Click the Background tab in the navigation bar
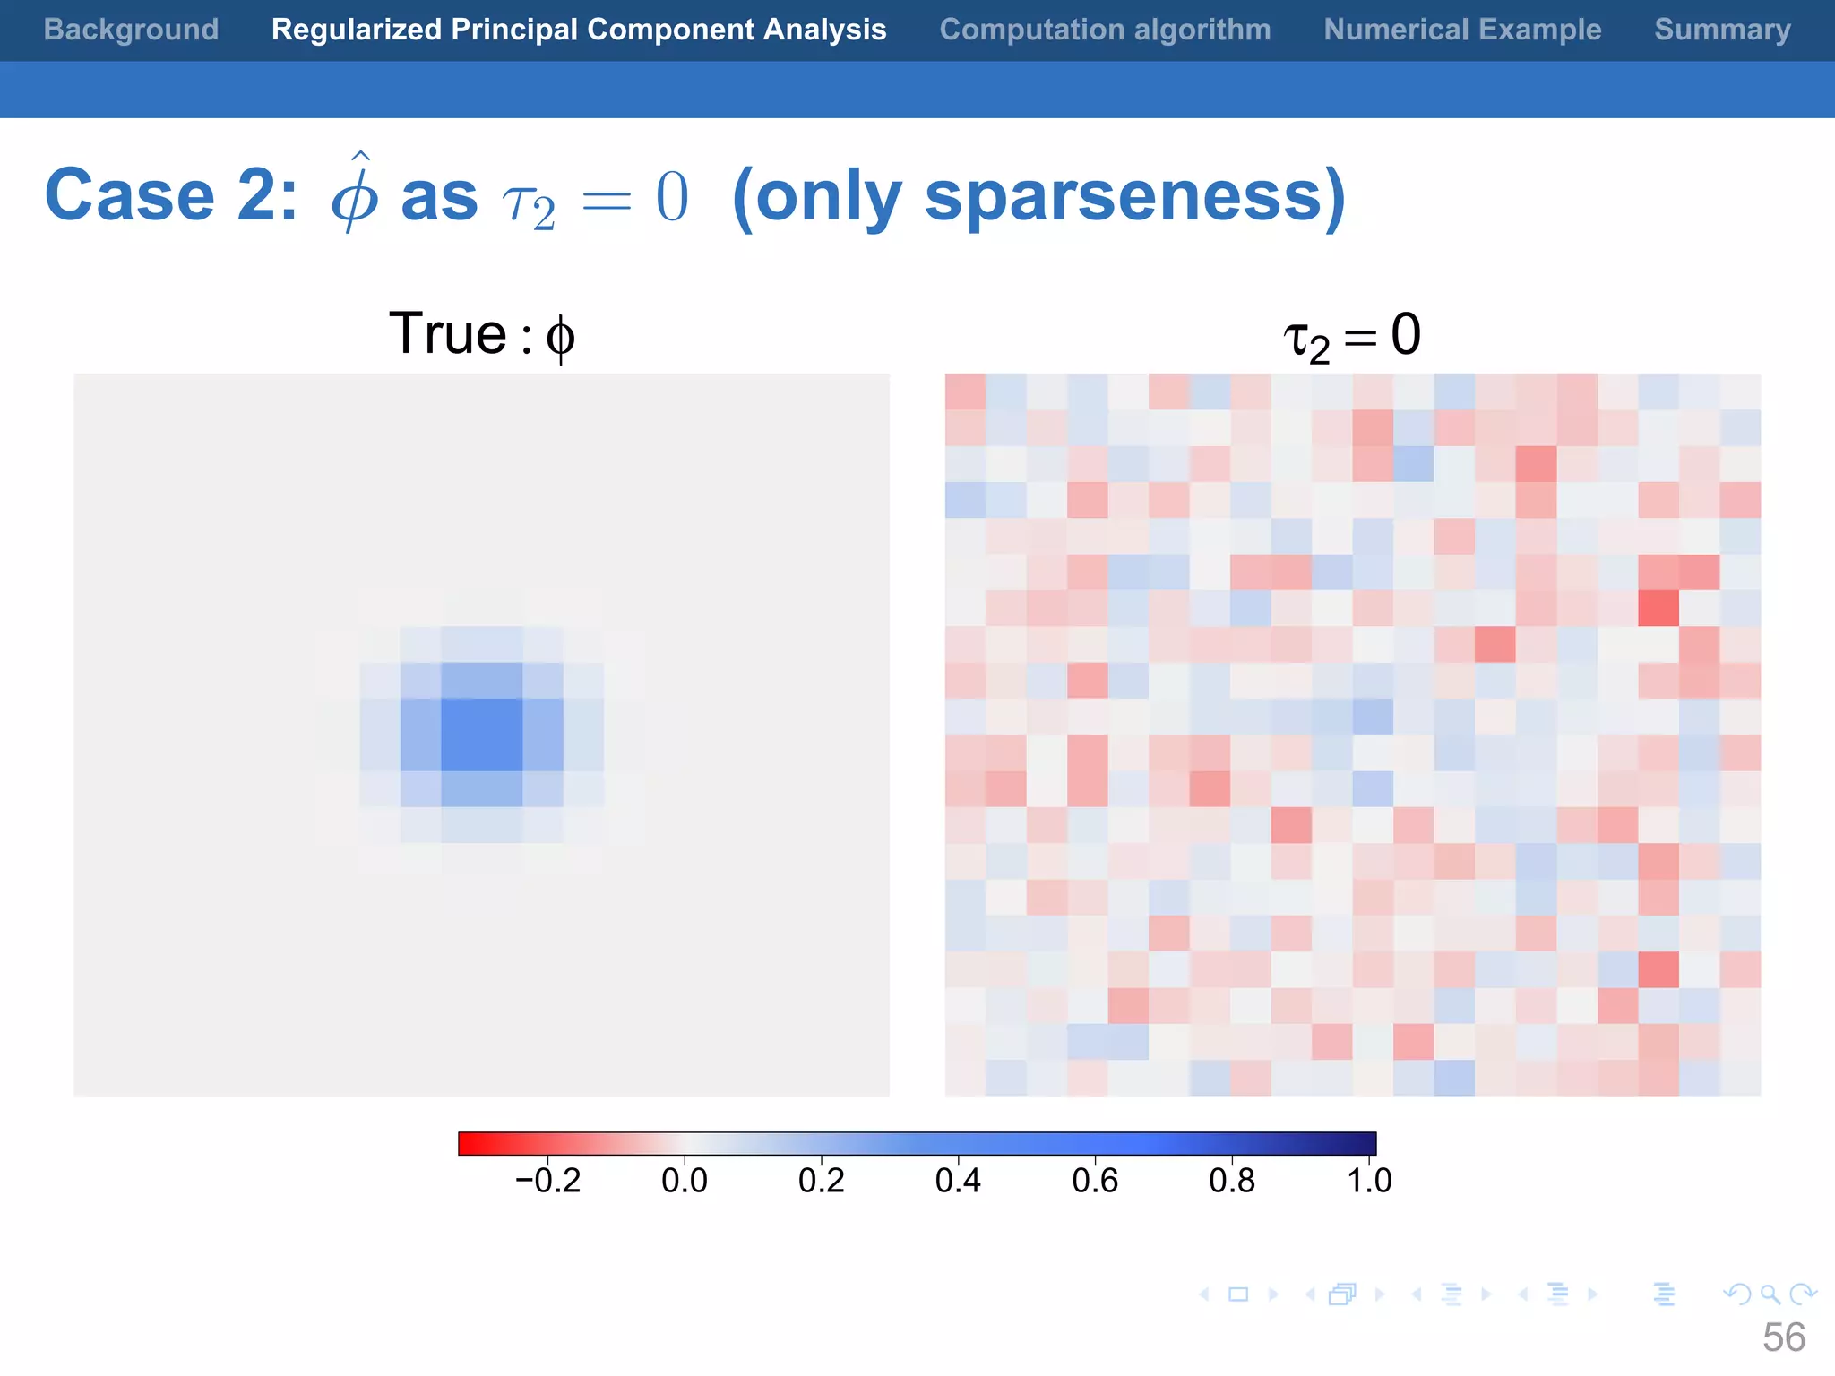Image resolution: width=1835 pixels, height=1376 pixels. pos(131,30)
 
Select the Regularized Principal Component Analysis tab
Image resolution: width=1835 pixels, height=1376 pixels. pos(579,30)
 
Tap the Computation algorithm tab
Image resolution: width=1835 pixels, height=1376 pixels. pos(1105,30)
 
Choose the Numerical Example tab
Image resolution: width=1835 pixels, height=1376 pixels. pos(1462,30)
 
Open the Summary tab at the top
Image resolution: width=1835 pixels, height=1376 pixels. pos(1722,30)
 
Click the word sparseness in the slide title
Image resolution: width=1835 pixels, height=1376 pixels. pos(1123,195)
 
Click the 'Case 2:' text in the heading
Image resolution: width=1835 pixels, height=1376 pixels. pos(170,195)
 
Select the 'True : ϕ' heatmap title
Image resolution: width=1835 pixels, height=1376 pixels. pos(481,335)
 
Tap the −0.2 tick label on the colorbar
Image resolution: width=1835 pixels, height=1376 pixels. pos(547,1181)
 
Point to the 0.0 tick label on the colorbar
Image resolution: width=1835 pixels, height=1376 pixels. pos(685,1181)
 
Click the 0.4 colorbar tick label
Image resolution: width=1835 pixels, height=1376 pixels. pos(958,1181)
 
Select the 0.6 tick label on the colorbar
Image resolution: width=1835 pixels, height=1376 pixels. pos(1095,1181)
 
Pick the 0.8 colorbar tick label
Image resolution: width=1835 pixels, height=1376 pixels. pos(1232,1181)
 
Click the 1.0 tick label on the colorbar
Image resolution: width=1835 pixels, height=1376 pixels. pos(1369,1181)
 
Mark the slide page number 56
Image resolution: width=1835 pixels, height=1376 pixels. pos(1783,1337)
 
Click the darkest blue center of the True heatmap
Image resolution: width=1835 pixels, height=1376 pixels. pos(482,735)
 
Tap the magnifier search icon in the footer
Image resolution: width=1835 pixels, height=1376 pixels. pos(1770,1294)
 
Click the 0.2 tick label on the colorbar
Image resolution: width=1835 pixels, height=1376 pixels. pos(822,1181)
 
